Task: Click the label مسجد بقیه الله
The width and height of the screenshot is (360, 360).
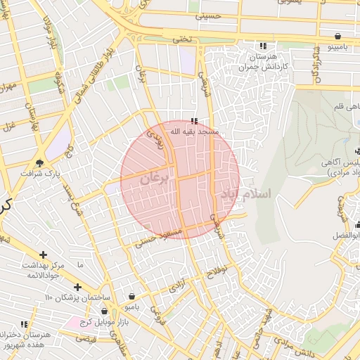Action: tap(196, 131)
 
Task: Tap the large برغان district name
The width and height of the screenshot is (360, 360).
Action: tap(155, 179)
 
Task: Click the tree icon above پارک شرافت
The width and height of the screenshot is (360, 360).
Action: tap(40, 162)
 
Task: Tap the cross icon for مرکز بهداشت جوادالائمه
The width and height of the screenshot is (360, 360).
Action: tap(44, 255)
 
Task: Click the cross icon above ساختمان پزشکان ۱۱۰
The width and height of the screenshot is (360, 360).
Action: tap(77, 287)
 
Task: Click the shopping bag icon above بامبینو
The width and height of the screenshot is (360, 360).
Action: tap(338, 36)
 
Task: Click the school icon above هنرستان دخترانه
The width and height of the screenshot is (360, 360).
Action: tap(24, 324)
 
